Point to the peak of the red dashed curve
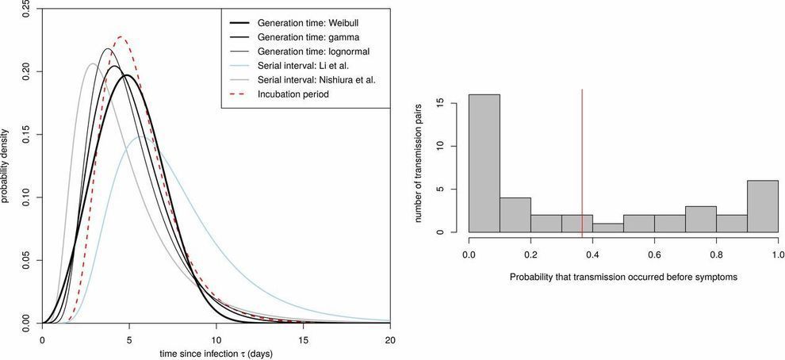pyautogui.click(x=121, y=36)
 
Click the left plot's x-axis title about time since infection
pyautogui.click(x=216, y=352)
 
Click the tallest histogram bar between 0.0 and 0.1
pyautogui.click(x=484, y=163)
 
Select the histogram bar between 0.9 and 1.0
pyautogui.click(x=761, y=206)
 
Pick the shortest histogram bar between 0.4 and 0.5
pyautogui.click(x=607, y=228)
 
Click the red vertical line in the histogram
pyautogui.click(x=582, y=159)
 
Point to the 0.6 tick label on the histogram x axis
pyautogui.click(x=653, y=255)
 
